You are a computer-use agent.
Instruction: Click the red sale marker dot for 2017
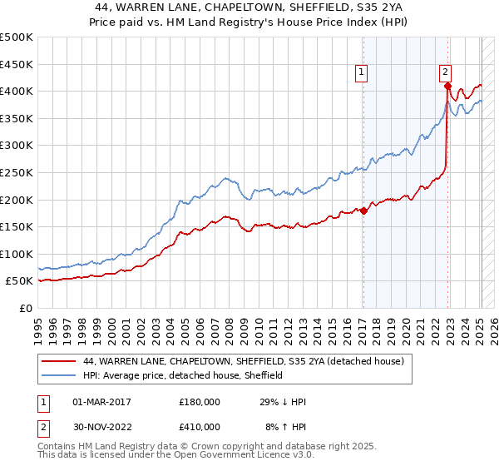coord(363,211)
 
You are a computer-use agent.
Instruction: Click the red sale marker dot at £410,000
coord(447,86)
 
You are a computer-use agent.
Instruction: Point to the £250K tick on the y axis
coord(17,172)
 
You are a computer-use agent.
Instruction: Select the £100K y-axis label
coord(17,254)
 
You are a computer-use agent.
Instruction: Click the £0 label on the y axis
coord(25,308)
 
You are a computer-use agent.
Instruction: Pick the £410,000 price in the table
coord(199,426)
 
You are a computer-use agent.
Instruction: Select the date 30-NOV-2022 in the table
coord(101,426)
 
